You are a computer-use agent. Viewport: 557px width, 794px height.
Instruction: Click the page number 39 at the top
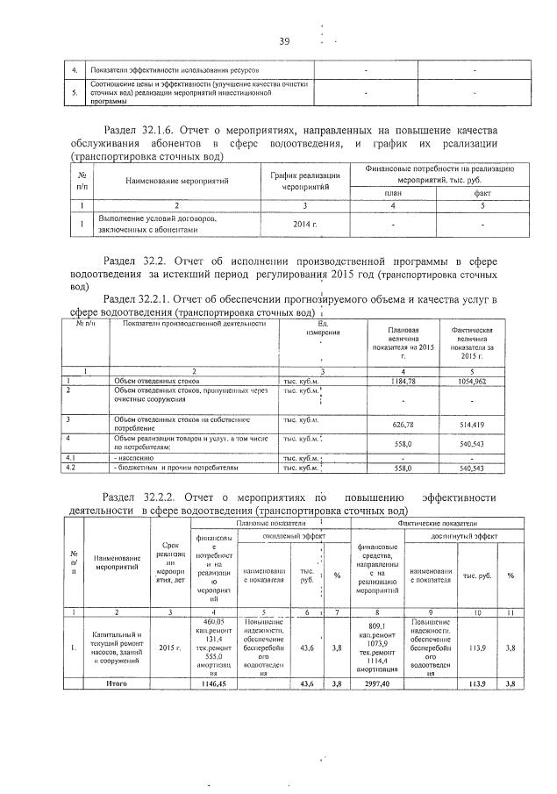coord(284,41)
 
